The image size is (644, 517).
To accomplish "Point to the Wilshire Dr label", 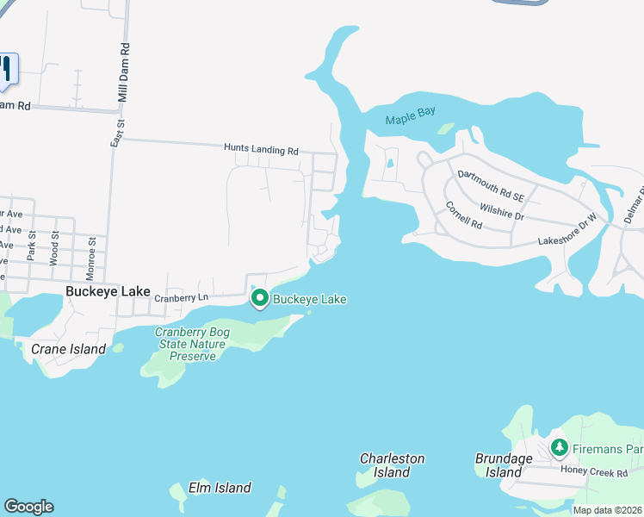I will pos(502,212).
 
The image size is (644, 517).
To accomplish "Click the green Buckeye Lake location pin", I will pos(260,299).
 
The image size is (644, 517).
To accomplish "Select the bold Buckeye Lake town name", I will pos(108,292).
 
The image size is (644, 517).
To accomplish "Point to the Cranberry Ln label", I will pos(182,298).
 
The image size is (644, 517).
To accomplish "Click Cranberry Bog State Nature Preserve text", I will pos(189,344).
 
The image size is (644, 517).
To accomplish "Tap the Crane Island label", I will pos(68,349).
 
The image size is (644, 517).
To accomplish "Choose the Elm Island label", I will pos(220,488).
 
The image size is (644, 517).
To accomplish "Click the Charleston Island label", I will pos(392,465).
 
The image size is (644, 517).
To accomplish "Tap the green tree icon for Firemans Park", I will pos(560,448).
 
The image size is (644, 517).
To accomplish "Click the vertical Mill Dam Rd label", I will pos(124,73).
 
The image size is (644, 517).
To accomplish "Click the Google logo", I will pos(28,507).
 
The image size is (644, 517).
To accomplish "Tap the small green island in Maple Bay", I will pos(445,128).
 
